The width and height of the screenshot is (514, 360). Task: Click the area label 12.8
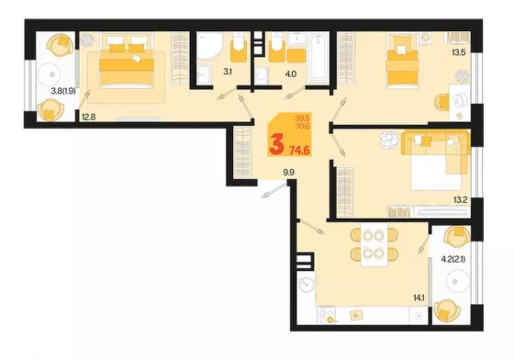pyautogui.click(x=88, y=117)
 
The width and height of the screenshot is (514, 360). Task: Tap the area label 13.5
pyautogui.click(x=459, y=52)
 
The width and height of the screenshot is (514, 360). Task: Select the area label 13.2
pyautogui.click(x=460, y=199)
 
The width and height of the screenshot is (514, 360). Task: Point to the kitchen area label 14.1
pyautogui.click(x=419, y=298)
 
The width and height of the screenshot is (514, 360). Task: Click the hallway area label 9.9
pyautogui.click(x=288, y=173)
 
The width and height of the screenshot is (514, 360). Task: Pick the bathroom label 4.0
pyautogui.click(x=290, y=74)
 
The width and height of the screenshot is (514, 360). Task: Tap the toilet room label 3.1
pyautogui.click(x=228, y=72)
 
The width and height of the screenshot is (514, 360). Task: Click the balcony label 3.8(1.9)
pyautogui.click(x=63, y=91)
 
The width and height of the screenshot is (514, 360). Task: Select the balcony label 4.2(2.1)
pyautogui.click(x=453, y=260)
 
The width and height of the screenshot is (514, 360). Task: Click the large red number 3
pyautogui.click(x=276, y=145)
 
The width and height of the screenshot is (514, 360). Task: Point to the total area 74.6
pyautogui.click(x=299, y=151)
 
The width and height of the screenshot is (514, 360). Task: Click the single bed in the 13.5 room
pyautogui.click(x=402, y=62)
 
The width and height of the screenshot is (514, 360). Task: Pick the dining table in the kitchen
pyautogui.click(x=374, y=244)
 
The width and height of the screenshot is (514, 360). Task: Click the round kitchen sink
pyautogui.click(x=307, y=284)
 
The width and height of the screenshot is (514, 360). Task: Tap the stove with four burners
pyautogui.click(x=329, y=315)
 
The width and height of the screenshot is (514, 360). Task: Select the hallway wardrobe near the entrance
pyautogui.click(x=243, y=152)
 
